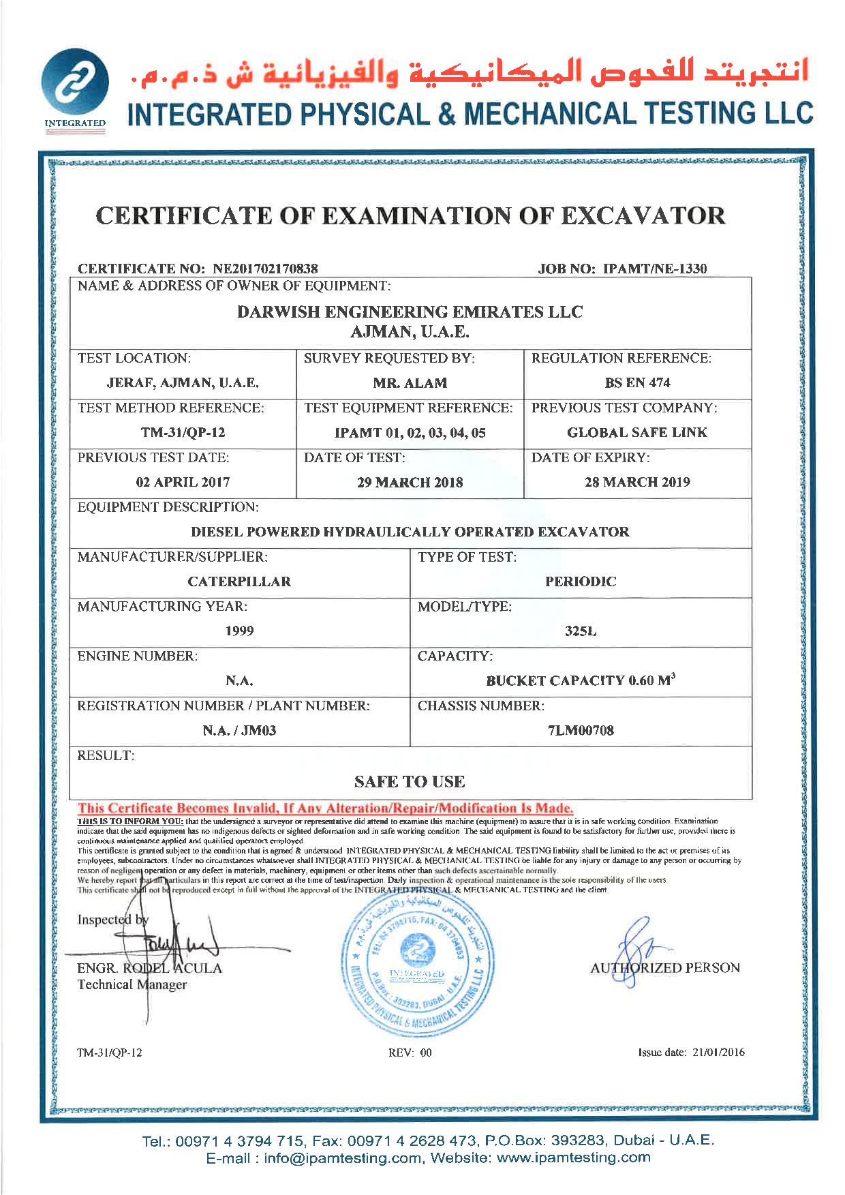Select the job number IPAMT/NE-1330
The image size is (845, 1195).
655,268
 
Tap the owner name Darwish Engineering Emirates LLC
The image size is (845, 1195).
410,312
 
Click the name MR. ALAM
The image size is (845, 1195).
410,383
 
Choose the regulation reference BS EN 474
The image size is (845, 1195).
637,383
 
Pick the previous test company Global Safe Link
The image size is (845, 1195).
637,432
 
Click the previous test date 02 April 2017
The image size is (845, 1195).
183,482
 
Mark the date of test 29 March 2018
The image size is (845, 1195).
410,482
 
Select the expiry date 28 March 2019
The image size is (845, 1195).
637,482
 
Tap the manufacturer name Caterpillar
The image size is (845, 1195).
239,581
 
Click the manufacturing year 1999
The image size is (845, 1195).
239,631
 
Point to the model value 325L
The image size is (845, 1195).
581,631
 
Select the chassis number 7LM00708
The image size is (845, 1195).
581,731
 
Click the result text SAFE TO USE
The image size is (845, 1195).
410,781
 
